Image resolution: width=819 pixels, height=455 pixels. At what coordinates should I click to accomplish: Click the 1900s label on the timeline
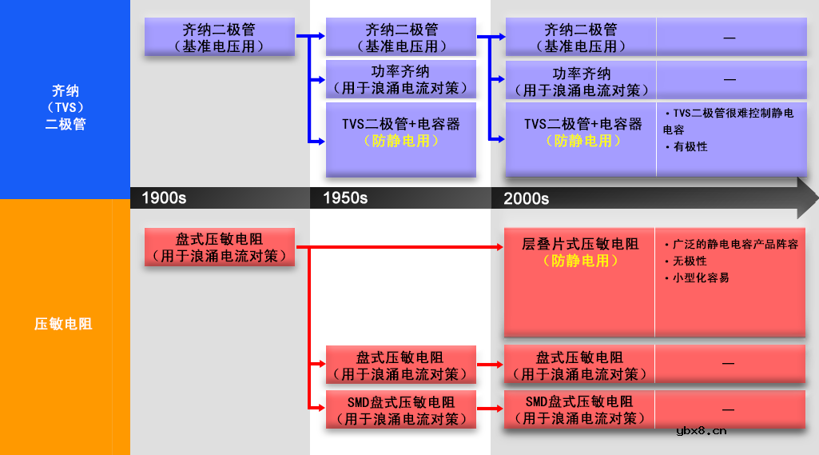(x=164, y=198)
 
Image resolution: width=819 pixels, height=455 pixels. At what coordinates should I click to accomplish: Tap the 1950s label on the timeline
(x=345, y=198)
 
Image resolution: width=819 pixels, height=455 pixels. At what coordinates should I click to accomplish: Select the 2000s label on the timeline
(x=526, y=198)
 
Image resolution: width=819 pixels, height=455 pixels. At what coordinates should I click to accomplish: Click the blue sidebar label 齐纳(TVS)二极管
(x=65, y=107)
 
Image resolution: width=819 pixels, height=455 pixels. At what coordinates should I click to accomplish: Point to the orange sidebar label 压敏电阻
(x=63, y=324)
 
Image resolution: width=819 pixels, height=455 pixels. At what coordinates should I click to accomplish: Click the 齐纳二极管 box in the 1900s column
(x=219, y=38)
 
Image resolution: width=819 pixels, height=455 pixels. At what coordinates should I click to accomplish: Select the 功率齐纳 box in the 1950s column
(x=400, y=80)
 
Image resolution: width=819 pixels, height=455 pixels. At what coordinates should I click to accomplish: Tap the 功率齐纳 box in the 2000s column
(x=581, y=82)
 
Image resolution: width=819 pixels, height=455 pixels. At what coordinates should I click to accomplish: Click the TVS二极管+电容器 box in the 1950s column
(x=400, y=133)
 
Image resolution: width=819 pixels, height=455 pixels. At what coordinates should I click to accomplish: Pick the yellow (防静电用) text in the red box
(x=580, y=261)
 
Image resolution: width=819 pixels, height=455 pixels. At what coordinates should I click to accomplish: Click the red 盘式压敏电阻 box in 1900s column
(x=219, y=247)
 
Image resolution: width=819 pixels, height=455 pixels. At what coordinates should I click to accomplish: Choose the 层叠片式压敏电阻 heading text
(x=580, y=244)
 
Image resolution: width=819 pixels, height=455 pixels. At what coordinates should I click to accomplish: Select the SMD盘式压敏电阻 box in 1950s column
(x=400, y=409)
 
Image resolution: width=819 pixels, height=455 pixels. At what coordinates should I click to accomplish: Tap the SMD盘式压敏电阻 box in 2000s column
(x=580, y=409)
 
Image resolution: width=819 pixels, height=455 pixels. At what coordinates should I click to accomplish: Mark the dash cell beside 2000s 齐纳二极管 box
(x=730, y=38)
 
